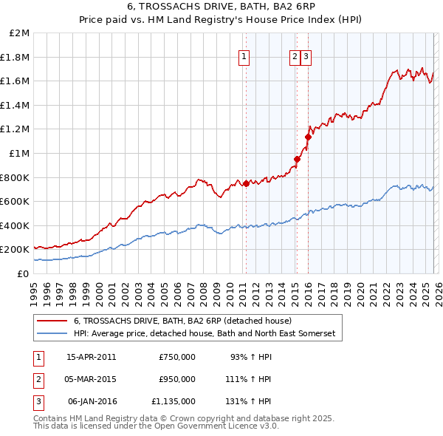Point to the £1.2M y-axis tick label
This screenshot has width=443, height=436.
(x=16, y=129)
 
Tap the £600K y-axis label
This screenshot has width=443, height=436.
(x=15, y=201)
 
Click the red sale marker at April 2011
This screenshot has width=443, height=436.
(x=246, y=184)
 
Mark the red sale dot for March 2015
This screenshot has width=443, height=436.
(x=297, y=159)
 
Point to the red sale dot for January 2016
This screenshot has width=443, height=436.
(x=308, y=137)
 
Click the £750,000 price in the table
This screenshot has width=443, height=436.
(x=177, y=357)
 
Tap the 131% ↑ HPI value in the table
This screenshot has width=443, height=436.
(x=248, y=401)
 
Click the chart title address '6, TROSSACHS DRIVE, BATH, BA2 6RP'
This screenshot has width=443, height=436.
(x=221, y=8)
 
